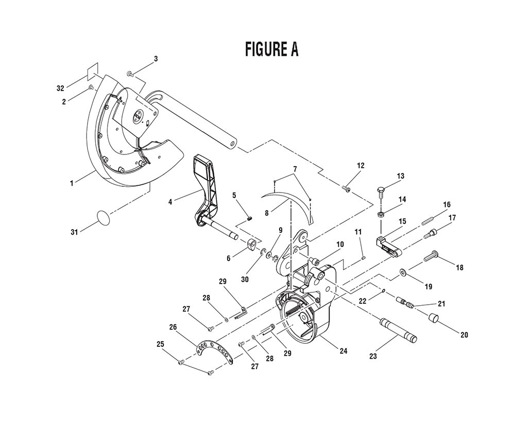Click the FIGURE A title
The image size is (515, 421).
point(271,49)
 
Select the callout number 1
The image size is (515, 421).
point(73,182)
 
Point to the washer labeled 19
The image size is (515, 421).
point(401,271)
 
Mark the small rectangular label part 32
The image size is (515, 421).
point(91,69)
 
